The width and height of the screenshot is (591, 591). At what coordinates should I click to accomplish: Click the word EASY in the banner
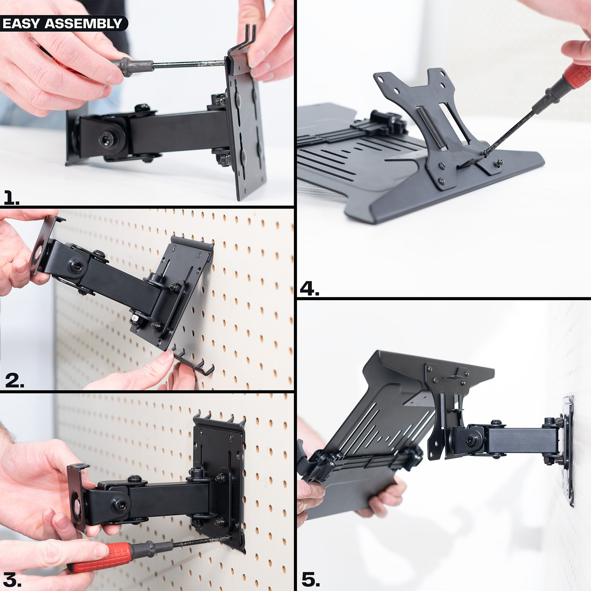point(21,24)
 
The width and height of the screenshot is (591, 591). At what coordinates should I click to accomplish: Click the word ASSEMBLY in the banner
point(83,24)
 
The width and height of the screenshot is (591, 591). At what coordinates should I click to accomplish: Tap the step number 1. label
point(11,197)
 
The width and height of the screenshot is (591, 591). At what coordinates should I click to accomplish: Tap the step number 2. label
point(14,381)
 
